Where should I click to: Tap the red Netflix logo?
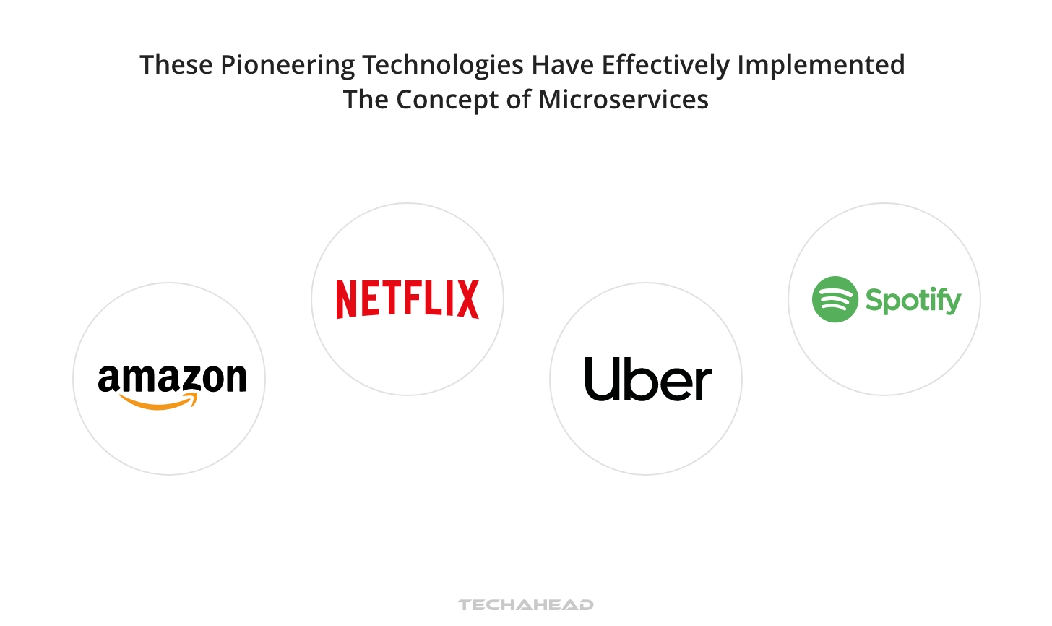pyautogui.click(x=408, y=299)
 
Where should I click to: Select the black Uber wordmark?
pyautogui.click(x=648, y=380)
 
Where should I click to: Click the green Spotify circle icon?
pyautogui.click(x=835, y=299)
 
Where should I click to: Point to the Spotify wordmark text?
pyautogui.click(x=913, y=300)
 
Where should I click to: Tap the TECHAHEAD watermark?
pyautogui.click(x=526, y=604)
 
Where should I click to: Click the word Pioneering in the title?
pyautogui.click(x=287, y=65)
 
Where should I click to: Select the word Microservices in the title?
pyautogui.click(x=624, y=100)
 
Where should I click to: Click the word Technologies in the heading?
pyautogui.click(x=443, y=65)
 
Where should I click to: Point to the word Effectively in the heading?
pyautogui.click(x=665, y=65)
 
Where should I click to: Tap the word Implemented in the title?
pyautogui.click(x=821, y=65)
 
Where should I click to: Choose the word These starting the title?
pyautogui.click(x=176, y=65)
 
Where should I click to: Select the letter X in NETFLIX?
pyautogui.click(x=467, y=299)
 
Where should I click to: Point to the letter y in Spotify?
pyautogui.click(x=953, y=303)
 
